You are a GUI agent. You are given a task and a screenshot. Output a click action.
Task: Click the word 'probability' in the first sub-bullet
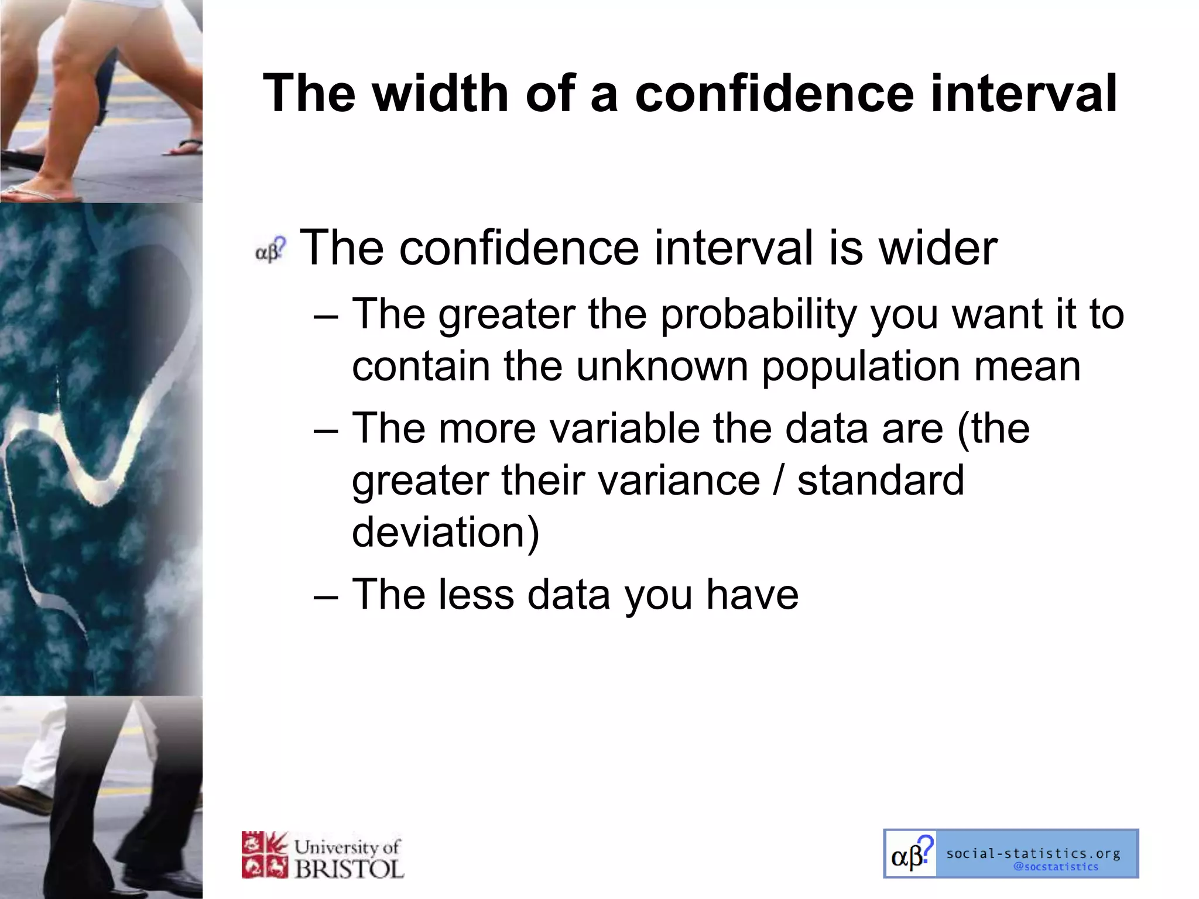point(759,314)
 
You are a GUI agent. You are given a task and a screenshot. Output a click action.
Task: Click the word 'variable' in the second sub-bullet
point(624,428)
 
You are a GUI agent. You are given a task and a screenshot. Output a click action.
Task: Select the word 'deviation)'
point(446,532)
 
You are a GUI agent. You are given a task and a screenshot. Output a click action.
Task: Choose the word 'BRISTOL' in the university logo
point(349,869)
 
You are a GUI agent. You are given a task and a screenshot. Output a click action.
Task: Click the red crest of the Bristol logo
point(265,855)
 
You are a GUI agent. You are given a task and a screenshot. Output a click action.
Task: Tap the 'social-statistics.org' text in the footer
point(1033,853)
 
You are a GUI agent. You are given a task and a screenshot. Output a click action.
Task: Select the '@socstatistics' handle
point(1056,867)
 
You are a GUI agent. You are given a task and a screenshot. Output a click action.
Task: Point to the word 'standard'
point(881,480)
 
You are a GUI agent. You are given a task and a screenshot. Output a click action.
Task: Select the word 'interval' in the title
point(1023,94)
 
